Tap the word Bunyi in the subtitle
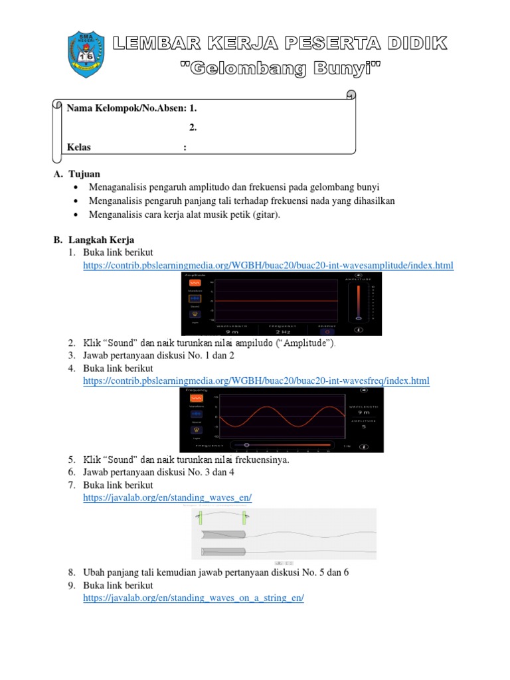click(x=339, y=68)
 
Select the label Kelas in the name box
click(x=79, y=147)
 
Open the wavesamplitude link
click(x=268, y=266)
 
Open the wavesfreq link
click(x=256, y=381)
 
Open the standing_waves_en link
click(x=167, y=497)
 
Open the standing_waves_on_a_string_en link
click(x=193, y=598)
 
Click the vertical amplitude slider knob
click(x=359, y=318)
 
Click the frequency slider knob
click(x=247, y=444)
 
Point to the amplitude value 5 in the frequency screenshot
click(x=363, y=427)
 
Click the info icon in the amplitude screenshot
click(x=359, y=329)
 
